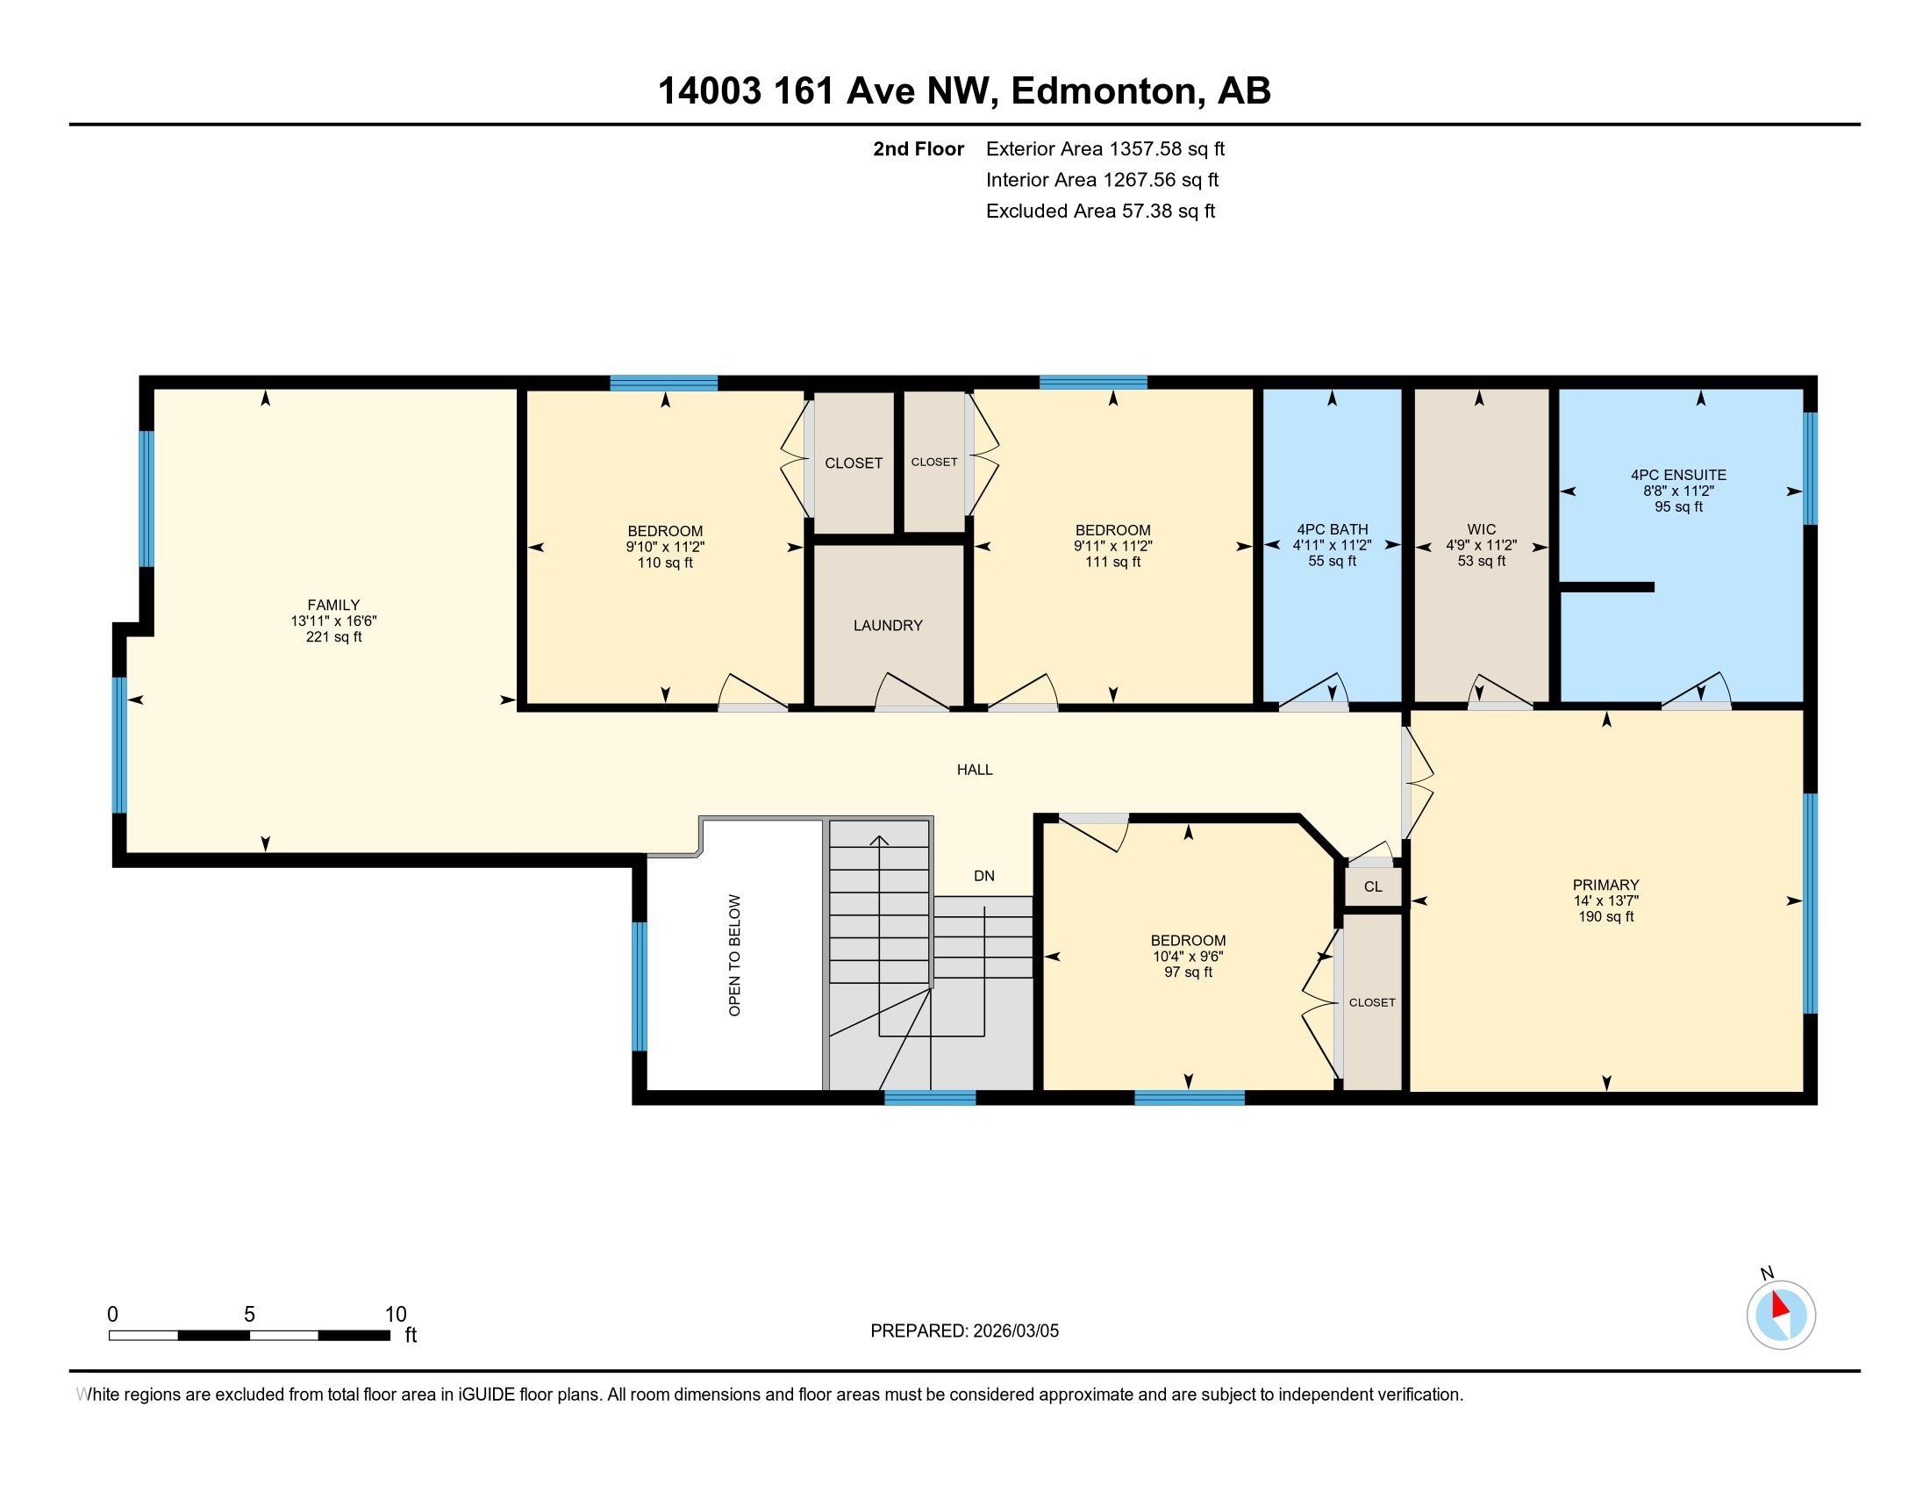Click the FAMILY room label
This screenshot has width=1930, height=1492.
click(333, 606)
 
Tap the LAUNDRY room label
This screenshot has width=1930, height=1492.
click(888, 626)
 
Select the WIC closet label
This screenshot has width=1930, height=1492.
click(1481, 530)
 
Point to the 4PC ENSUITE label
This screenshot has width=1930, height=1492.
click(1678, 476)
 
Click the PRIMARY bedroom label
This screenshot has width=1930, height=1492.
click(1605, 885)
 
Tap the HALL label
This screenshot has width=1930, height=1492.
click(975, 770)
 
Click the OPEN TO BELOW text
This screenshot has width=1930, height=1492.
click(734, 956)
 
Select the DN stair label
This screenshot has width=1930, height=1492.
click(984, 876)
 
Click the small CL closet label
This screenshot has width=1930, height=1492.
click(1372, 886)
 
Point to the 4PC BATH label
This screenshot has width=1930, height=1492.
click(1332, 530)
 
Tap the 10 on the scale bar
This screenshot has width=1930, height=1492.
click(395, 1315)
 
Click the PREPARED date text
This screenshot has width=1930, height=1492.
click(964, 1331)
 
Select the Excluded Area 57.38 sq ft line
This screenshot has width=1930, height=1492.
click(1100, 212)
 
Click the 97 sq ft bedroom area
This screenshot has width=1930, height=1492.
click(1188, 972)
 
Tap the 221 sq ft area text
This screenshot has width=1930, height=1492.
click(333, 637)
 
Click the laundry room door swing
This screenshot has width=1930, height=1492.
click(913, 692)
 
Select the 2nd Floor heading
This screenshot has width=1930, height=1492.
click(919, 149)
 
